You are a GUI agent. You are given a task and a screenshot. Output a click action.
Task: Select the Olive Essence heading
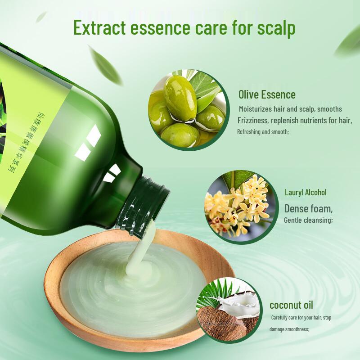pyautogui.click(x=267, y=95)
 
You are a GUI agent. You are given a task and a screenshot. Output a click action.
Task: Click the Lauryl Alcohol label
pyautogui.click(x=306, y=193)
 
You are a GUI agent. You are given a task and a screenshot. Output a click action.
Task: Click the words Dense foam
pyautogui.click(x=309, y=209)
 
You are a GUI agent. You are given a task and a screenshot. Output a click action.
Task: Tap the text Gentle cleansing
pyautogui.click(x=308, y=220)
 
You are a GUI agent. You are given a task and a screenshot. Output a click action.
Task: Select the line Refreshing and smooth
pyautogui.click(x=263, y=132)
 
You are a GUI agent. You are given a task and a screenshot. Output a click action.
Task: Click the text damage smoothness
pyautogui.click(x=289, y=329)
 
